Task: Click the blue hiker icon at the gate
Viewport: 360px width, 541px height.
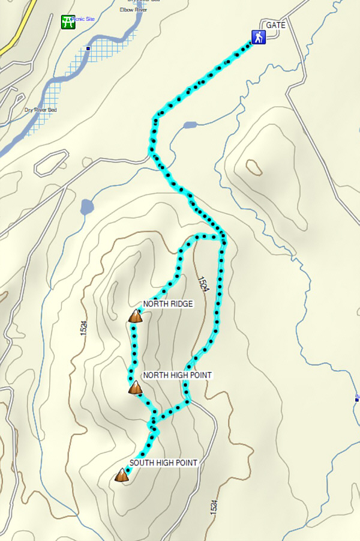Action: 258,38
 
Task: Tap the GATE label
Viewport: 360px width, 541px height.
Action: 276,25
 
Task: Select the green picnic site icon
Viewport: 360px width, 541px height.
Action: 68,22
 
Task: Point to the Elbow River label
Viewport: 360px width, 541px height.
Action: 134,10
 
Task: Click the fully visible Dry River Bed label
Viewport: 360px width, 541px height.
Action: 40,110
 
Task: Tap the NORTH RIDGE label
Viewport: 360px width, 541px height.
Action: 168,304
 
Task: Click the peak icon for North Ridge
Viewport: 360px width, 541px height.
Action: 135,316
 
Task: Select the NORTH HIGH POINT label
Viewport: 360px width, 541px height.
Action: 177,375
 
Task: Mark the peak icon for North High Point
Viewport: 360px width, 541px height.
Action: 135,388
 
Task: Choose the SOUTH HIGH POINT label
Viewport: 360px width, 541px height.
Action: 163,463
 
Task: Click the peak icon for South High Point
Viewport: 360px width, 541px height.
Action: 122,476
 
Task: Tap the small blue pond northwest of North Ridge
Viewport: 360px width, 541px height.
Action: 87,208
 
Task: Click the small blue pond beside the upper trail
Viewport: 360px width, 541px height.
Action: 190,125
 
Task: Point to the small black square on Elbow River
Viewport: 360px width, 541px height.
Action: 88,49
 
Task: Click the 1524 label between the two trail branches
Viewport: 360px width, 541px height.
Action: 203,283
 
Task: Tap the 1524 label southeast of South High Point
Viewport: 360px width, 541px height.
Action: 214,506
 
